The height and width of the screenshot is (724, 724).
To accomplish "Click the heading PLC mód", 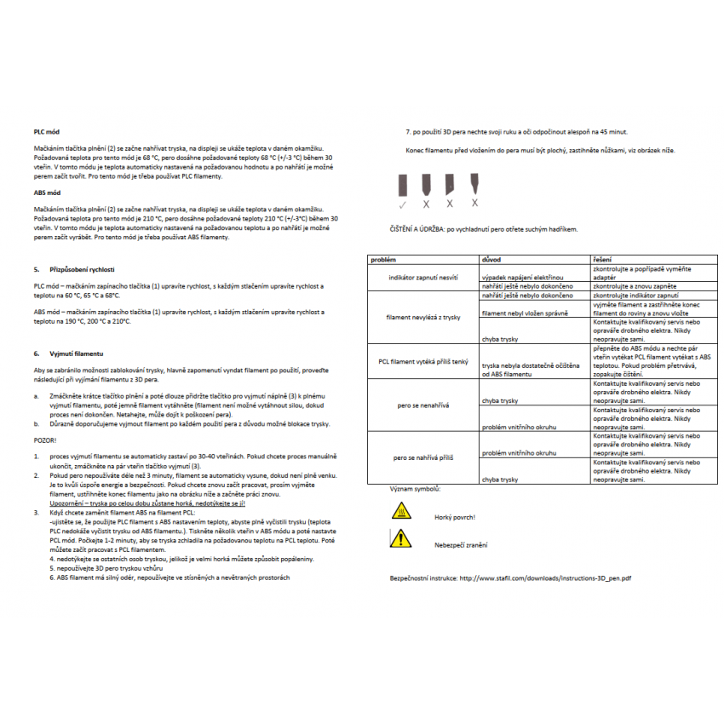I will point(47,132).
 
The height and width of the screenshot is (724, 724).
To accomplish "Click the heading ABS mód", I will point(47,193).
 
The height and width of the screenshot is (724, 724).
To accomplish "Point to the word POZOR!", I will point(46,440).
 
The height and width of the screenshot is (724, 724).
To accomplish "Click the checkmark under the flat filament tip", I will point(402,204).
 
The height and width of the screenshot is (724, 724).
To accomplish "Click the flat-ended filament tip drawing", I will point(402,184).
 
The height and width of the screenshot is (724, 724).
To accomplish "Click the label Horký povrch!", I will point(454,517).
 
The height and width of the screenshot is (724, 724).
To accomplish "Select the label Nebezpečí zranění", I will point(461,544).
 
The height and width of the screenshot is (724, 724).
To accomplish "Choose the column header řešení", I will point(602,258).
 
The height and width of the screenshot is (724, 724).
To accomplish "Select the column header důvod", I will point(491,258).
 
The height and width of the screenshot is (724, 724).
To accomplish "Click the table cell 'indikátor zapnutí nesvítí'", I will point(422,278).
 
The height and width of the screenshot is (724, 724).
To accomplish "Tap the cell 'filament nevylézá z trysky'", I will point(422,317).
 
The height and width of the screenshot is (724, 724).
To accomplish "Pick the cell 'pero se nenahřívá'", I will point(422,405).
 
